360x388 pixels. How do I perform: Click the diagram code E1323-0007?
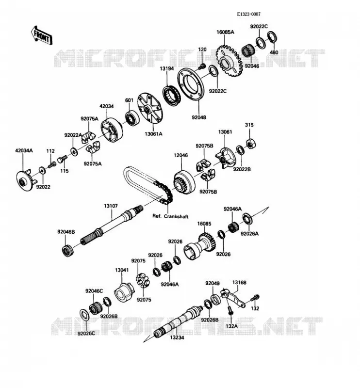pyautogui.click(x=248, y=14)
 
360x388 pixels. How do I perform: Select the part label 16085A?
pyautogui.click(x=225, y=32)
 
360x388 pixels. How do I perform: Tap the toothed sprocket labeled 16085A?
pyautogui.click(x=230, y=61)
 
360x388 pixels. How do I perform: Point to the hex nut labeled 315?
pyautogui.click(x=250, y=143)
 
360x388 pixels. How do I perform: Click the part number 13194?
pyautogui.click(x=166, y=68)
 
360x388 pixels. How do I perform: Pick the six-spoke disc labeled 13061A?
pyautogui.click(x=149, y=108)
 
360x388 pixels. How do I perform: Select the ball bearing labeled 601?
pyautogui.click(x=132, y=118)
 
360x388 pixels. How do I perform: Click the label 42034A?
pyautogui.click(x=24, y=150)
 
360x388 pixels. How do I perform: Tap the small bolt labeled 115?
pyautogui.click(x=63, y=159)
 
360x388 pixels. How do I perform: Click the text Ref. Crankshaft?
pyautogui.click(x=170, y=216)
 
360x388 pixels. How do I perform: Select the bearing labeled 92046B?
pyautogui.click(x=68, y=250)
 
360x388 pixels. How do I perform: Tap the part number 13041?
pyautogui.click(x=122, y=270)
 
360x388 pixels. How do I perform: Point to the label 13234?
pyautogui.click(x=177, y=337)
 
